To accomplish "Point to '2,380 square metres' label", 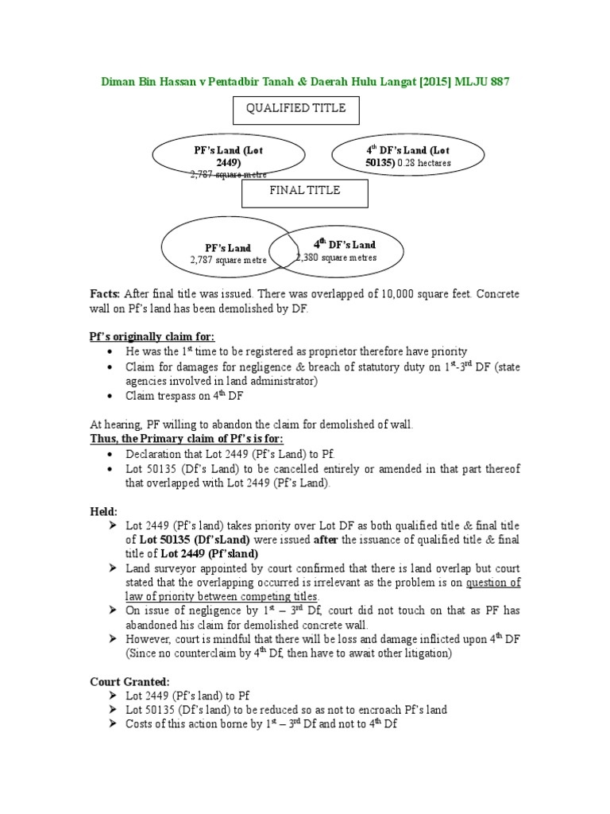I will pyautogui.click(x=336, y=258).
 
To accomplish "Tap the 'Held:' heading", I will pyautogui.click(x=103, y=511).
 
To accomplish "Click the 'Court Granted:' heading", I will pyautogui.click(x=128, y=682).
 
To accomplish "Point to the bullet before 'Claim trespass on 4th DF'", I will pyautogui.click(x=109, y=396).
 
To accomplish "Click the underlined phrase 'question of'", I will pyautogui.click(x=493, y=583).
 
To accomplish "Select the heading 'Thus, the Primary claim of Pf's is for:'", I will pyautogui.click(x=186, y=439).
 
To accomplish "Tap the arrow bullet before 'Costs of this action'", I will pyautogui.click(x=110, y=725).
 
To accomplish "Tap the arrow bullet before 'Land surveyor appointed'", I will pyautogui.click(x=110, y=568).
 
